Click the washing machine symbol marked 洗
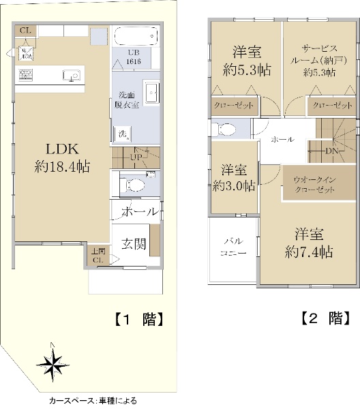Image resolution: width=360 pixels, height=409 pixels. [x=123, y=133]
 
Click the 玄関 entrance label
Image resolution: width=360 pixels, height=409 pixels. [x=134, y=243]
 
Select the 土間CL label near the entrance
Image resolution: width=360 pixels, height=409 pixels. [x=97, y=255]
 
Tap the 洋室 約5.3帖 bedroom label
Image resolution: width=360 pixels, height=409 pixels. [x=245, y=60]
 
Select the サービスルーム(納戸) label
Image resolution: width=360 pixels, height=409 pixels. [x=320, y=60]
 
